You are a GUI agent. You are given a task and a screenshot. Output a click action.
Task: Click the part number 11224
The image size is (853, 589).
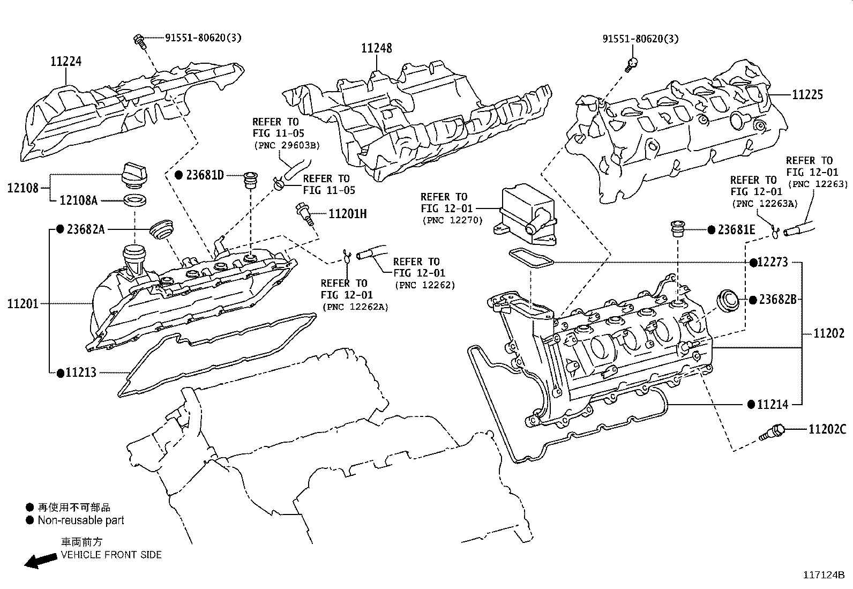[x=66, y=61]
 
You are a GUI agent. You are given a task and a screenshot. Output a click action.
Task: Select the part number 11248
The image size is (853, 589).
[x=376, y=48]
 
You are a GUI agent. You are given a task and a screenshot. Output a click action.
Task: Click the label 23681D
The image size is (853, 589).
[x=205, y=175]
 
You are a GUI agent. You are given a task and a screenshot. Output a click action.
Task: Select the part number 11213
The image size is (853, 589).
[x=81, y=372]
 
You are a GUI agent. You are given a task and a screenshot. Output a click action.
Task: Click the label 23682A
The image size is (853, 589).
[x=86, y=229]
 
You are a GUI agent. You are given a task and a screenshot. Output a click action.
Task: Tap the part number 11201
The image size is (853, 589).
[x=23, y=304]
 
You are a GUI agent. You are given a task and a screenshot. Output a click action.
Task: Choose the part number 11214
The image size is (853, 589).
[x=773, y=405]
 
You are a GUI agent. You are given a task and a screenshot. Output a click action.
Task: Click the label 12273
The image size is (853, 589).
[x=773, y=262]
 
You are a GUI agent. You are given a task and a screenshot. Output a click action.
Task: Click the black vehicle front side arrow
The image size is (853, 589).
[x=41, y=560]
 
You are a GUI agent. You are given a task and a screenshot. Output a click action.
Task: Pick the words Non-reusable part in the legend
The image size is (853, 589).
[x=81, y=520]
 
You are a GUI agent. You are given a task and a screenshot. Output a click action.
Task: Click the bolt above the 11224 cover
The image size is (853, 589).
[x=140, y=41]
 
